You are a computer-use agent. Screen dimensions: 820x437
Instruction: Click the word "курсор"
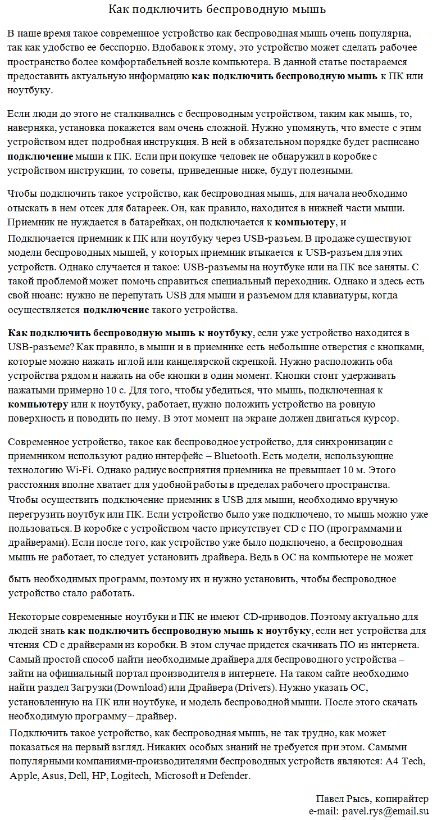(x=382, y=419)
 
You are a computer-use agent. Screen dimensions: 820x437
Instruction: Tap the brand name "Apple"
(x=23, y=776)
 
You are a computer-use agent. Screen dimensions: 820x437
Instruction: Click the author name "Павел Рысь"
(x=341, y=799)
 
